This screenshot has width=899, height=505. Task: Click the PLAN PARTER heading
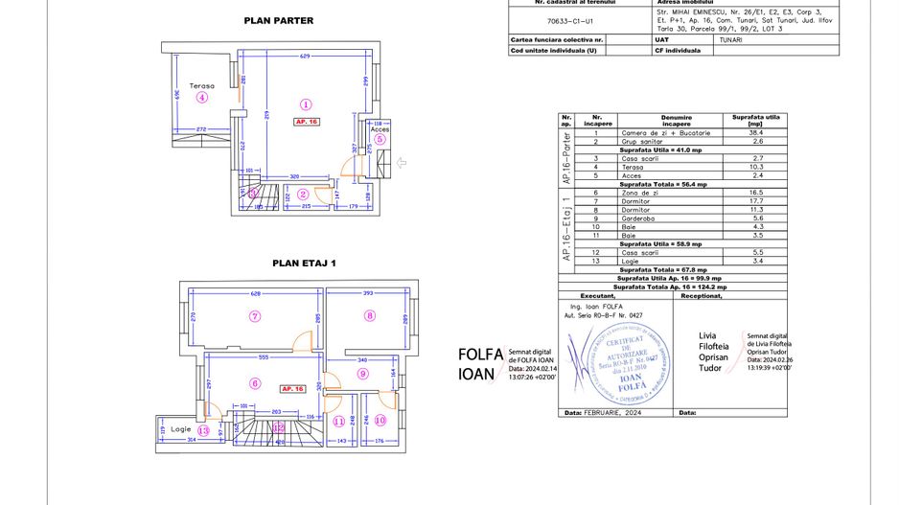(279, 20)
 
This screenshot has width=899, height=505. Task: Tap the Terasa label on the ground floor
(201, 85)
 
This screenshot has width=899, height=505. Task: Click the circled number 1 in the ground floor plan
(306, 104)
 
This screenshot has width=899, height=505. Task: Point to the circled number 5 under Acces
(380, 139)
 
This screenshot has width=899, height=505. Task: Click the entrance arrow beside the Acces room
(402, 163)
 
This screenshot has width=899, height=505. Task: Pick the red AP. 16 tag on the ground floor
(307, 122)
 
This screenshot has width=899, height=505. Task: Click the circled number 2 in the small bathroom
(302, 194)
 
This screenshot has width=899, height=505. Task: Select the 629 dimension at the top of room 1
(305, 58)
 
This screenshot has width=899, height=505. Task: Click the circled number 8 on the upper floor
(369, 315)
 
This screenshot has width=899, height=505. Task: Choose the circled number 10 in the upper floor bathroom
(380, 421)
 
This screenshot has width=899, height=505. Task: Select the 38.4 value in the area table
(757, 132)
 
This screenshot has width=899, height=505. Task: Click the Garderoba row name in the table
(637, 217)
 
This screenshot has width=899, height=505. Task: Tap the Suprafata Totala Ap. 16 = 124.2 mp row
(670, 286)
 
